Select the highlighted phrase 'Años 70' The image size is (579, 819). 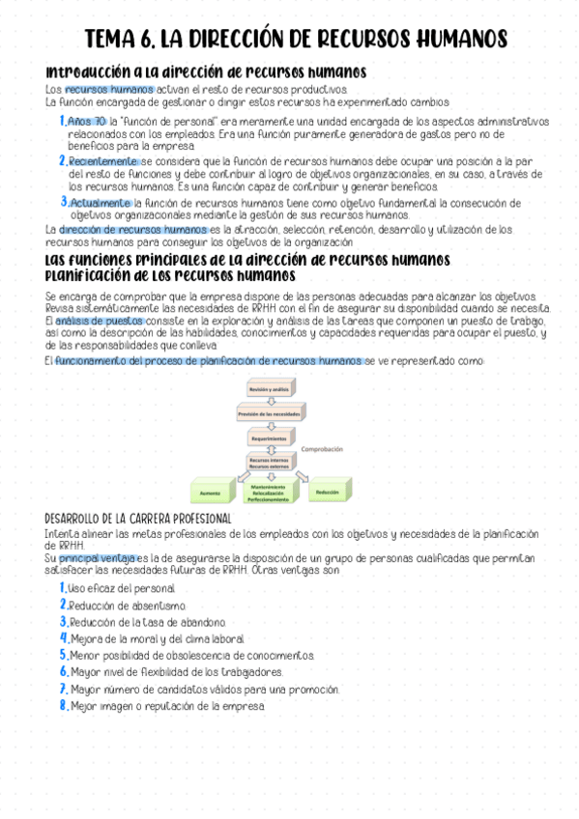(x=87, y=121)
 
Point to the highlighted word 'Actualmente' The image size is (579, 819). (x=100, y=203)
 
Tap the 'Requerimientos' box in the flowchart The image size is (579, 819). (x=269, y=438)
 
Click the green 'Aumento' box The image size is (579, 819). (x=211, y=493)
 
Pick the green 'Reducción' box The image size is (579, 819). (x=327, y=492)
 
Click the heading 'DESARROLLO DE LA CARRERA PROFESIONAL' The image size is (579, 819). (x=138, y=519)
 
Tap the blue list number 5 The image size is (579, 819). (x=63, y=655)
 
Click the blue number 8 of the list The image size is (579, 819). (x=63, y=706)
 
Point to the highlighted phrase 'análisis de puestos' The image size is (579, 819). (x=100, y=320)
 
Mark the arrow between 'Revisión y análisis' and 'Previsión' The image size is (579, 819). (x=269, y=401)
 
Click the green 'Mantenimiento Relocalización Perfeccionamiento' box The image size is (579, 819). (x=269, y=494)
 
